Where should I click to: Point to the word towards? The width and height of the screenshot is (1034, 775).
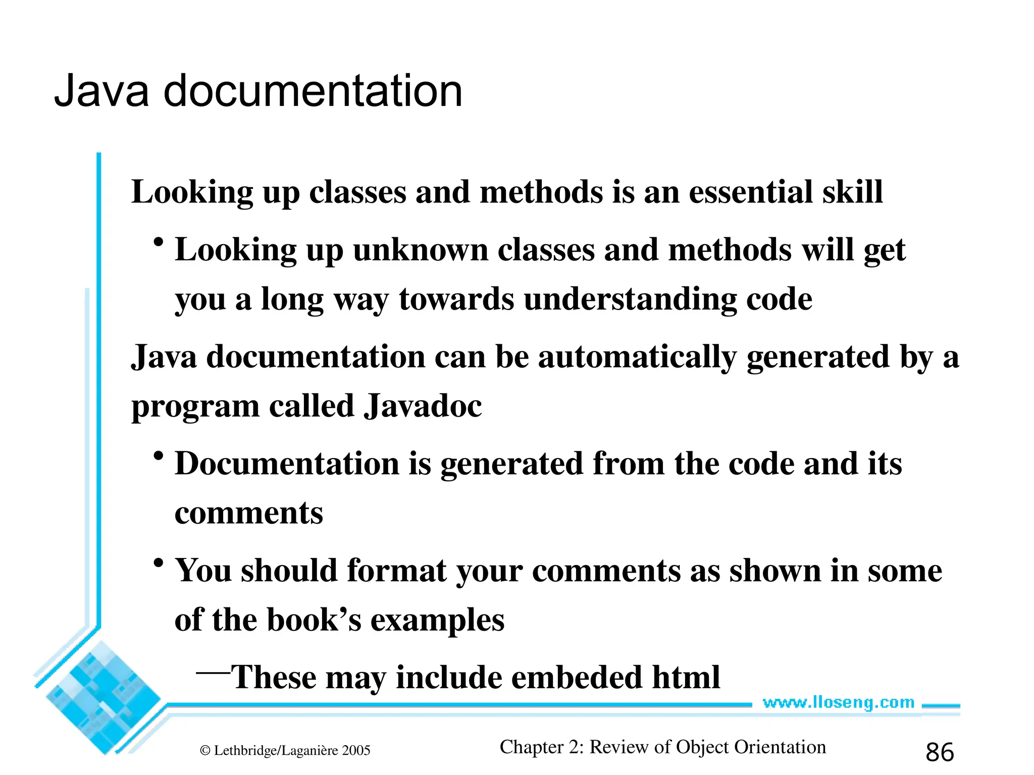point(456,299)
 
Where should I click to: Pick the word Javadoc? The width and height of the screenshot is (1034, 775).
point(423,406)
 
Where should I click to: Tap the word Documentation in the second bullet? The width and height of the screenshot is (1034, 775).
point(287,464)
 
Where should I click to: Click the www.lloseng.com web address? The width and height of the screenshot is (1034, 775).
point(839,702)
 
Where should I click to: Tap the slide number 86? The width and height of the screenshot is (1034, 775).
point(940,752)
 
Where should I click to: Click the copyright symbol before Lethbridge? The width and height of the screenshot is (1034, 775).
point(205,751)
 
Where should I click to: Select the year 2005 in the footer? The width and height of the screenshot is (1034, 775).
point(356,751)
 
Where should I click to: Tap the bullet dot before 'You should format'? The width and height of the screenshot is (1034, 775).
point(159,563)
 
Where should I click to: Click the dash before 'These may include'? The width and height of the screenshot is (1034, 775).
point(213,672)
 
